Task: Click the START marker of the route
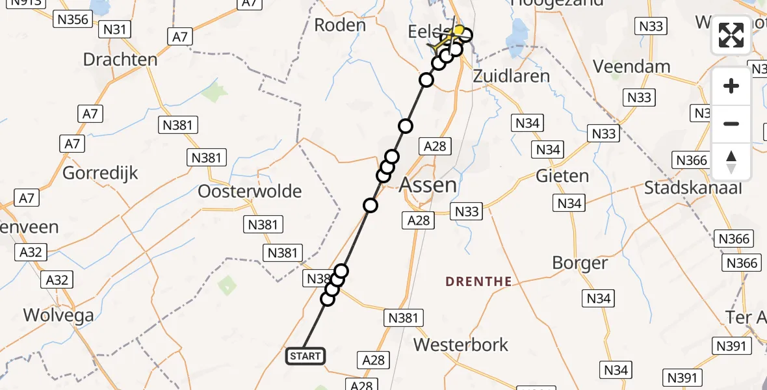point(305,356)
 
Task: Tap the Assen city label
point(428,185)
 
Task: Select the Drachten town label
point(120,60)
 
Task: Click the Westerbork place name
point(461,344)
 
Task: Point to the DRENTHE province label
point(478,281)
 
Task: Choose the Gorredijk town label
point(98,174)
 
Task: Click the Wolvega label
point(58,315)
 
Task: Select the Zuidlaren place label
point(511,75)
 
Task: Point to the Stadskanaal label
point(692,188)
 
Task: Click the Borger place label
point(580,263)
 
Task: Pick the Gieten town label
point(562,176)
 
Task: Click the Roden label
point(340,25)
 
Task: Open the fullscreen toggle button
point(731,35)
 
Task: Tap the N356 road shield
point(72,19)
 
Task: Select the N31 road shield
point(116,29)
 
